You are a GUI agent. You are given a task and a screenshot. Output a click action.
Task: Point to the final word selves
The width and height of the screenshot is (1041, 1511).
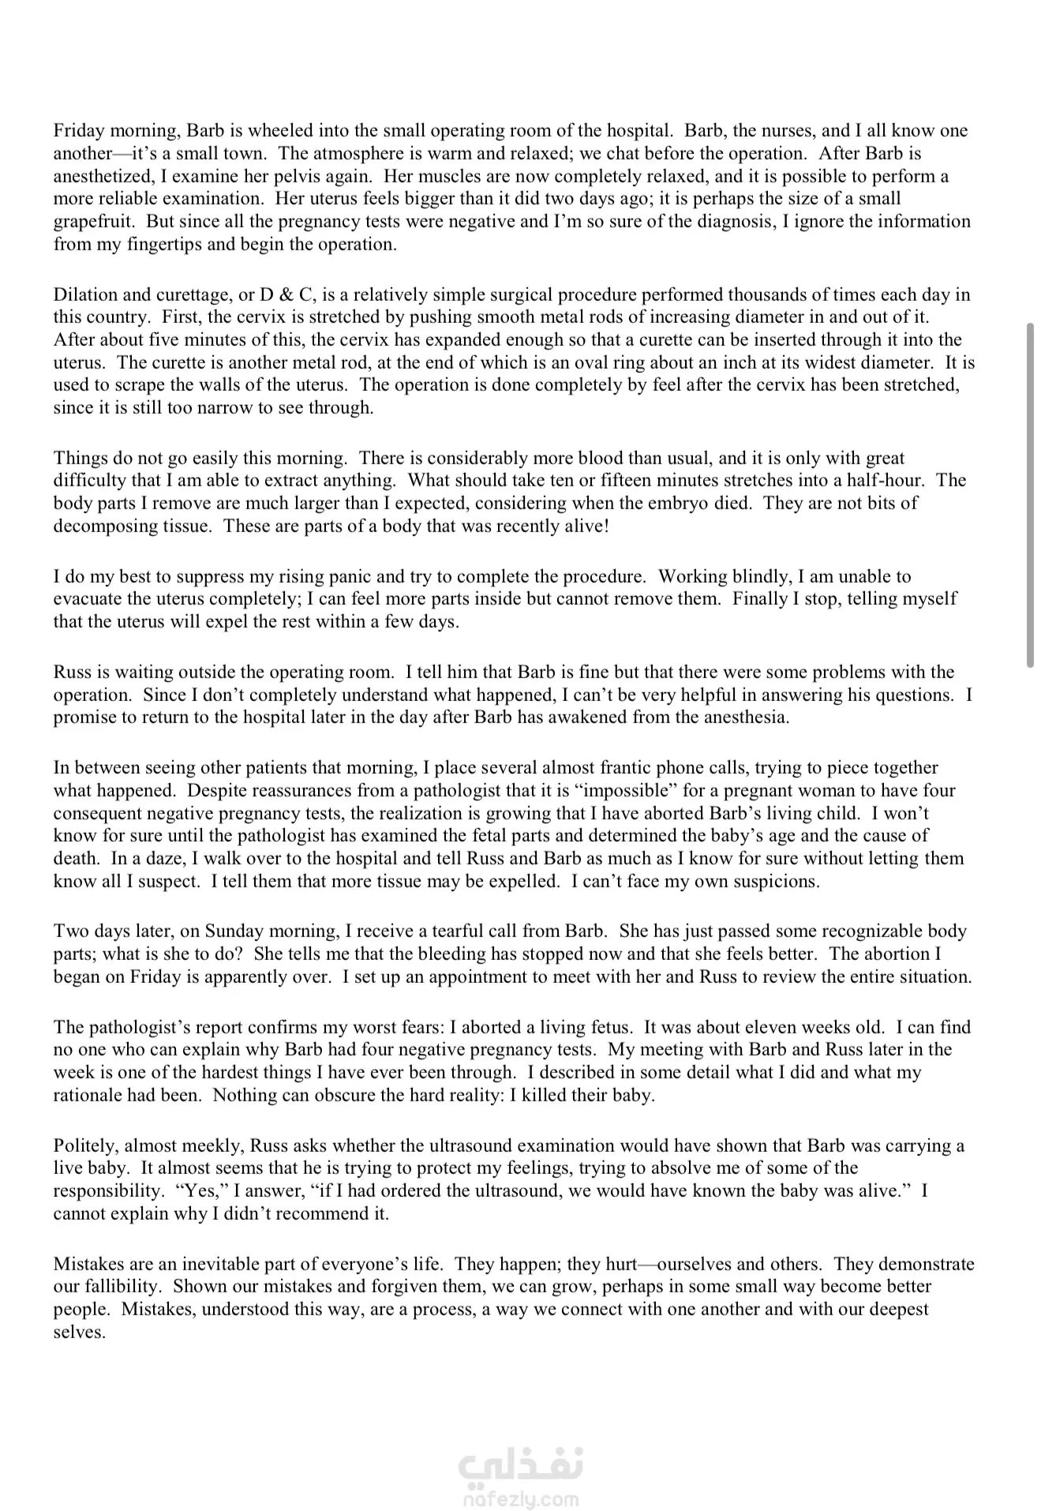click(x=79, y=1333)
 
